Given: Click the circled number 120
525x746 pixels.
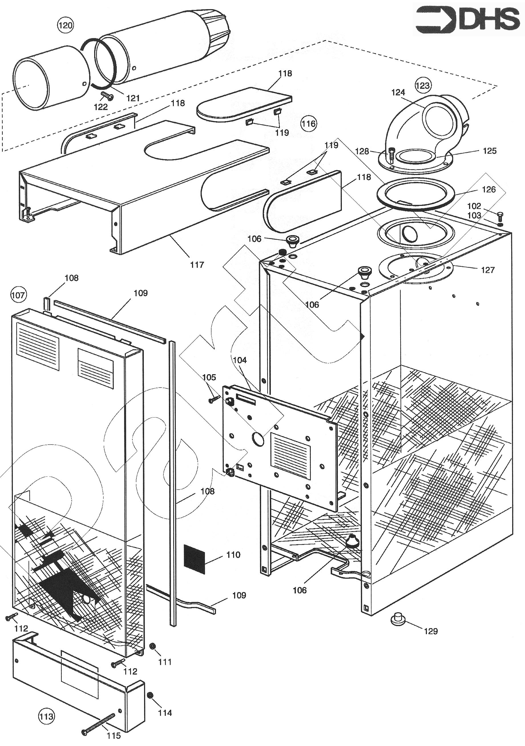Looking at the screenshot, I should (x=65, y=25).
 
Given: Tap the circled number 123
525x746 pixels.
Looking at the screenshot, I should (x=423, y=86).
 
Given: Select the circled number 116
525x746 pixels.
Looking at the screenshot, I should (x=308, y=123).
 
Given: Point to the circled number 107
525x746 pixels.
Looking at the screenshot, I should (x=18, y=295).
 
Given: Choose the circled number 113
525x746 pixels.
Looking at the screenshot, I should (x=46, y=716).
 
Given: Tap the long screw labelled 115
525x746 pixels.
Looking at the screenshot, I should (x=99, y=723).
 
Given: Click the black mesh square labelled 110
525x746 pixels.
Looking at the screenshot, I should (x=194, y=559).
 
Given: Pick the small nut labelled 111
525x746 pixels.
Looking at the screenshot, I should (x=152, y=646).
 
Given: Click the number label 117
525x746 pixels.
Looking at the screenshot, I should (x=197, y=265).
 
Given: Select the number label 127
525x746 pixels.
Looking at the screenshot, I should (x=488, y=270).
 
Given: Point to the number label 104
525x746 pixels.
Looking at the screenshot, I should (x=240, y=360).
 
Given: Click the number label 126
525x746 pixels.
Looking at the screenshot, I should (x=488, y=189).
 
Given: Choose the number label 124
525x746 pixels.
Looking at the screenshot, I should (x=398, y=93).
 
